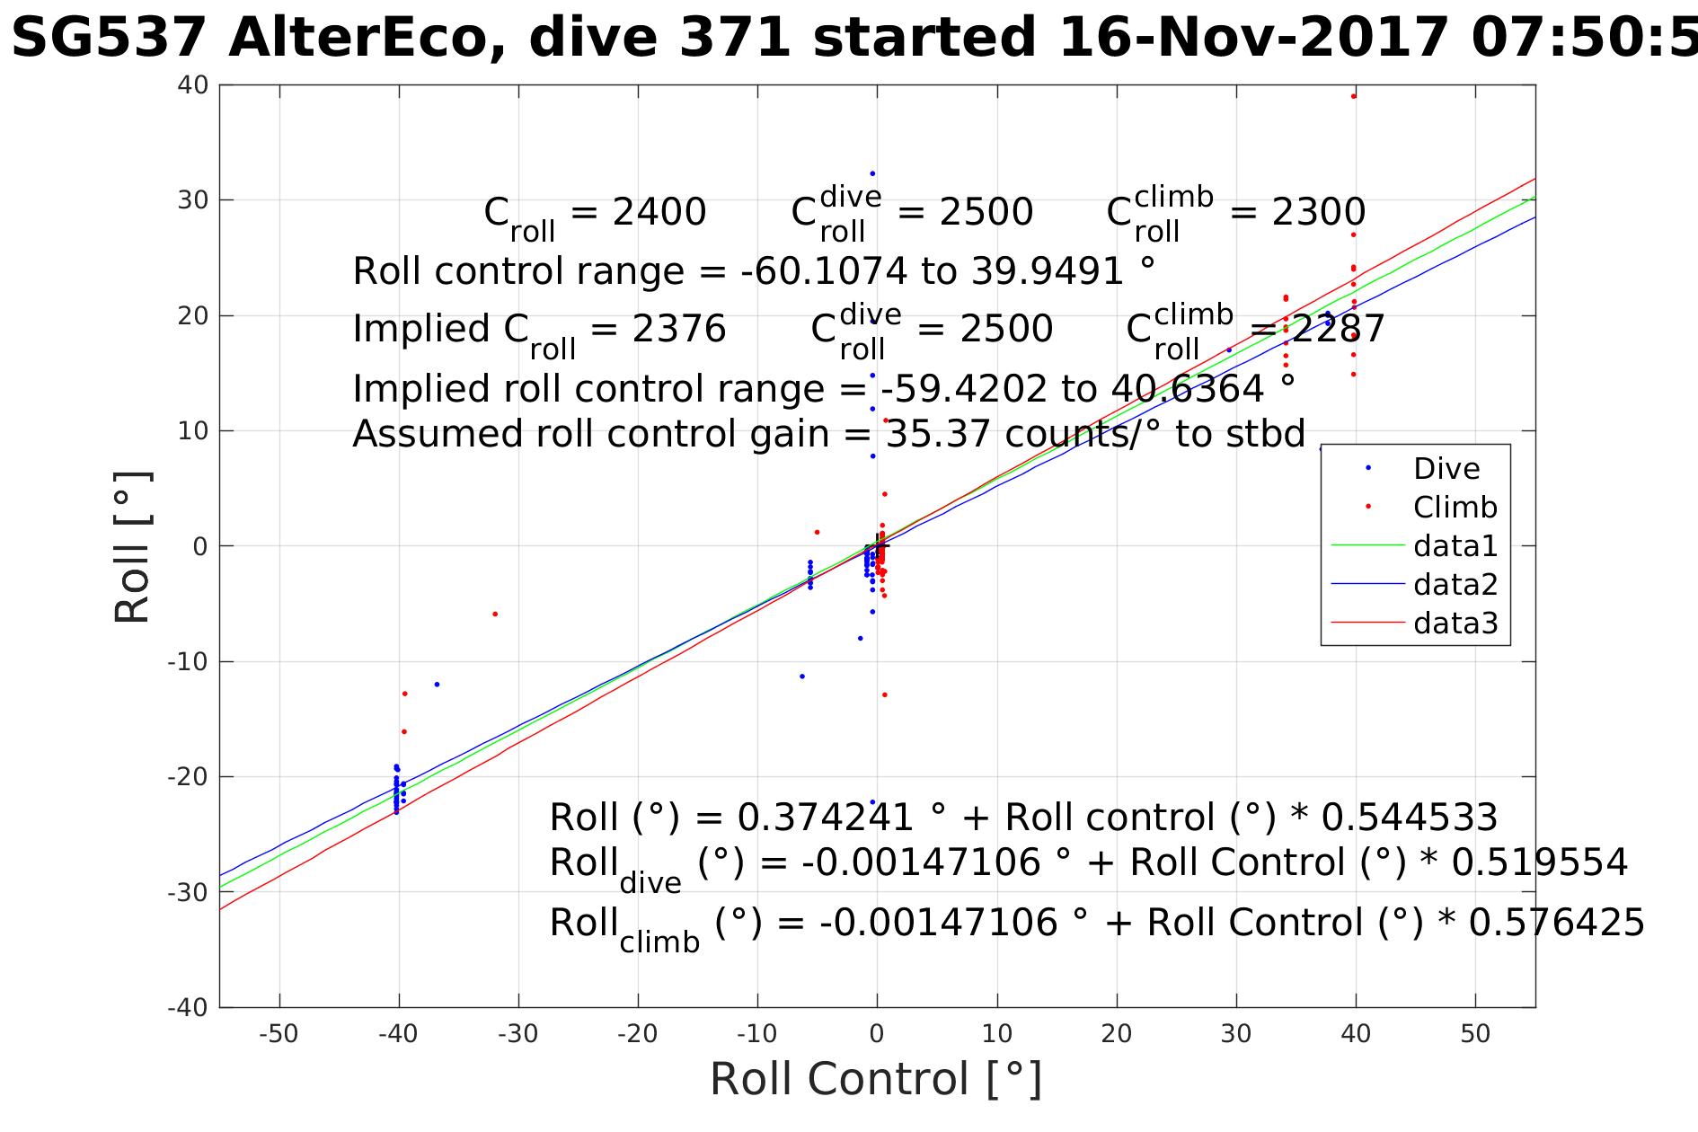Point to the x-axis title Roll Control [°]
876,1079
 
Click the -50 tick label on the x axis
279,1034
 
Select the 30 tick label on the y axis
192,200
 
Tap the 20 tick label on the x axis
1117,1034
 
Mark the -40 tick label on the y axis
188,1007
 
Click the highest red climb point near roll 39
1354,96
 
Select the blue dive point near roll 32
872,173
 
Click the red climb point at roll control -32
495,615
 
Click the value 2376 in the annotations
678,330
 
